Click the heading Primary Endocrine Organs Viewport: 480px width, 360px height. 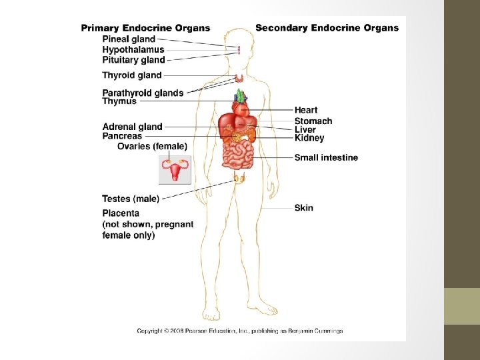(x=145, y=28)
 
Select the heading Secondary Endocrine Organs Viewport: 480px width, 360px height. (x=327, y=28)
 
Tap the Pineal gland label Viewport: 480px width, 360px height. (x=129, y=39)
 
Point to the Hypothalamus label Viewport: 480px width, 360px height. (x=133, y=49)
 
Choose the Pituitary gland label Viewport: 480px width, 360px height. (x=133, y=59)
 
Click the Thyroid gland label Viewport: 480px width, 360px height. (x=132, y=75)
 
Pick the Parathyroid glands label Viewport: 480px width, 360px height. (x=143, y=93)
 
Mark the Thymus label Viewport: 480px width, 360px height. (x=119, y=101)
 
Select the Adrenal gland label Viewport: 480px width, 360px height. (x=132, y=127)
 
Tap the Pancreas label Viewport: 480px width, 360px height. (x=122, y=136)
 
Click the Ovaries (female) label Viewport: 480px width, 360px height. (x=152, y=146)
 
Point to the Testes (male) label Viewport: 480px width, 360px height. (x=131, y=199)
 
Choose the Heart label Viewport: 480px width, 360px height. (x=306, y=110)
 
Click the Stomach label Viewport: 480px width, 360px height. (x=313, y=121)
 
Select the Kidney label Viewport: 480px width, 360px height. (x=309, y=138)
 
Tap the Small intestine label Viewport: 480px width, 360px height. (x=326, y=157)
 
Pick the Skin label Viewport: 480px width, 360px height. (x=304, y=208)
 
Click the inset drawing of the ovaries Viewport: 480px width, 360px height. (x=175, y=169)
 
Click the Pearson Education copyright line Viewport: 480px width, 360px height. (x=240, y=331)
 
